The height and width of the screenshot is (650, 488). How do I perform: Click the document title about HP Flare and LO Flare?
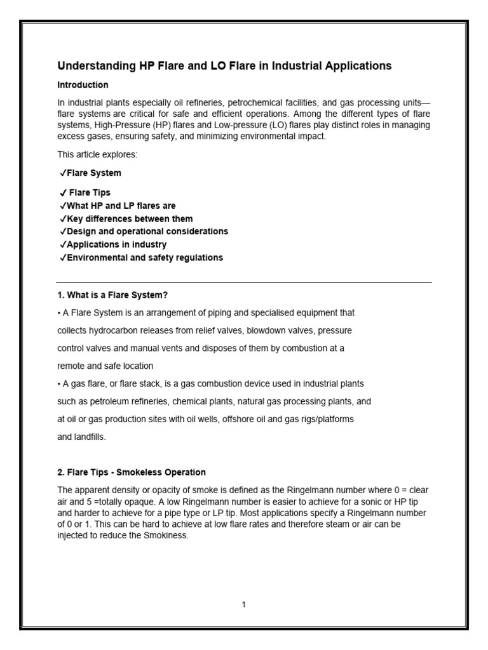coord(224,66)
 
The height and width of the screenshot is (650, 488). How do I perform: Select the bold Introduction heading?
coord(83,85)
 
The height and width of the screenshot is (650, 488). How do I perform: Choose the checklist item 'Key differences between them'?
coord(130,219)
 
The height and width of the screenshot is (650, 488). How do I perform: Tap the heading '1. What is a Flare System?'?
coord(112,295)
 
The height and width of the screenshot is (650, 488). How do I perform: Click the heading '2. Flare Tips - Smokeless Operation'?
coord(132,472)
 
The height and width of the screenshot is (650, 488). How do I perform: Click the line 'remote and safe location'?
coord(105,366)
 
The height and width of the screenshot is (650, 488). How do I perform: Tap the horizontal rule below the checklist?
coord(244,282)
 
